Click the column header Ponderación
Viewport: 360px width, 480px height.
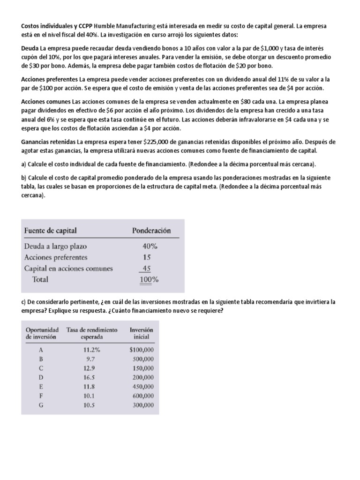(151, 231)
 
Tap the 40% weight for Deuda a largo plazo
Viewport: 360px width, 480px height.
(150, 246)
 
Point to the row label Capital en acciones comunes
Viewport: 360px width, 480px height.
(68, 268)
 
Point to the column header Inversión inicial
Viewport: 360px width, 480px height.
(141, 333)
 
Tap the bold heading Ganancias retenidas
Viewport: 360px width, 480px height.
(49, 142)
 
